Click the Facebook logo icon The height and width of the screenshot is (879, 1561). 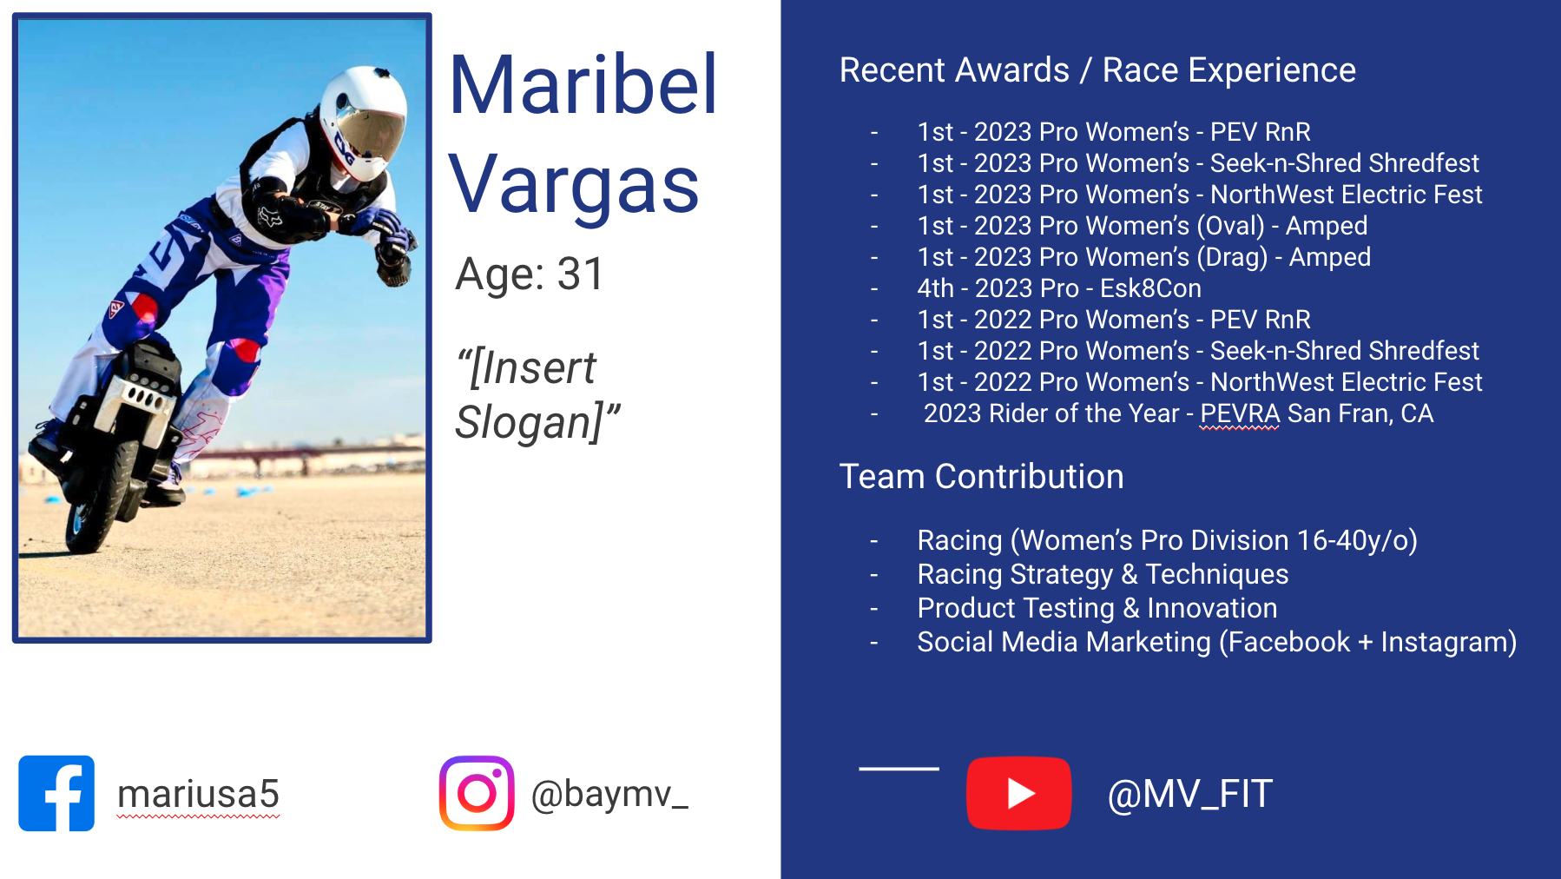click(56, 793)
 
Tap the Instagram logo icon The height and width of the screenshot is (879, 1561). click(477, 793)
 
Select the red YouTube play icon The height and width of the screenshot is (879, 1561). click(1018, 793)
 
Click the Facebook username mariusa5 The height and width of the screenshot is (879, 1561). click(198, 794)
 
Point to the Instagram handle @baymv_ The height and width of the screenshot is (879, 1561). click(609, 794)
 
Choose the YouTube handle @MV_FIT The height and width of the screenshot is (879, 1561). click(1190, 794)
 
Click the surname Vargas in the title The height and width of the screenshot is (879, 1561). click(574, 185)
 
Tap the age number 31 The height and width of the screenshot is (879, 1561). click(580, 274)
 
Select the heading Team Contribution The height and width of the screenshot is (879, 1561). click(981, 476)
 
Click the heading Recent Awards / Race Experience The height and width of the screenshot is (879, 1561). click(1097, 69)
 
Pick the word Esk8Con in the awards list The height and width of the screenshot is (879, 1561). click(1150, 288)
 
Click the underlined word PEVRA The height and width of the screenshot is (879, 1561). click(1240, 413)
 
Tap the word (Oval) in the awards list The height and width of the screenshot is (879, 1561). click(1230, 226)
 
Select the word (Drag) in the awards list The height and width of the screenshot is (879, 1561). click(1232, 257)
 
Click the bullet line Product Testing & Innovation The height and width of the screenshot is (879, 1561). click(1097, 608)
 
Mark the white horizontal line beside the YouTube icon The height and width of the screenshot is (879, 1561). click(899, 769)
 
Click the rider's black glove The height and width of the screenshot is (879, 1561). click(392, 261)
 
